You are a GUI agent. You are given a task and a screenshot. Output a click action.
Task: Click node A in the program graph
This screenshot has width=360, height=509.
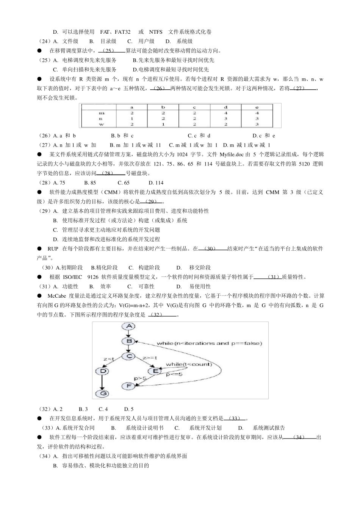pos(129,326)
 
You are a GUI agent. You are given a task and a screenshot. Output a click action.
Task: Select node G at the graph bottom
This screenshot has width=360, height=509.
pos(102,393)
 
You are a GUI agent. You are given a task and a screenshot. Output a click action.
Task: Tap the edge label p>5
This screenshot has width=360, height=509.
pos(140,378)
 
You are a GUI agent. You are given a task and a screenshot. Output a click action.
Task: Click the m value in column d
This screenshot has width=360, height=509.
pos(226,113)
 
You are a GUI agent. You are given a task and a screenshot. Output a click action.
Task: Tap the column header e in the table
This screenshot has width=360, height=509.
pos(257,108)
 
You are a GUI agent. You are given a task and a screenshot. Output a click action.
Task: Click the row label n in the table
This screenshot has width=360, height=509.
pos(101,119)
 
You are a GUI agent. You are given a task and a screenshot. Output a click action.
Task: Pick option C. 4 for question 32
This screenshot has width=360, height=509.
pos(103,409)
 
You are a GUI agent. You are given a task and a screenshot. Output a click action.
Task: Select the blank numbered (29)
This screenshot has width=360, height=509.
pos(152,201)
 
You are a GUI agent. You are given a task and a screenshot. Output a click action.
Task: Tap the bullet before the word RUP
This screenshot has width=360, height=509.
pos(39,248)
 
